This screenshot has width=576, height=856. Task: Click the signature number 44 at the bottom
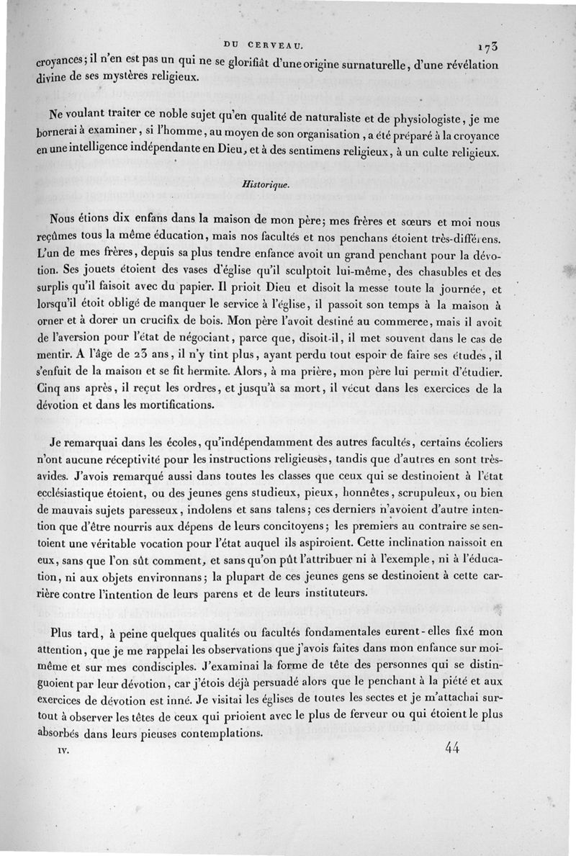[x=453, y=748]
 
